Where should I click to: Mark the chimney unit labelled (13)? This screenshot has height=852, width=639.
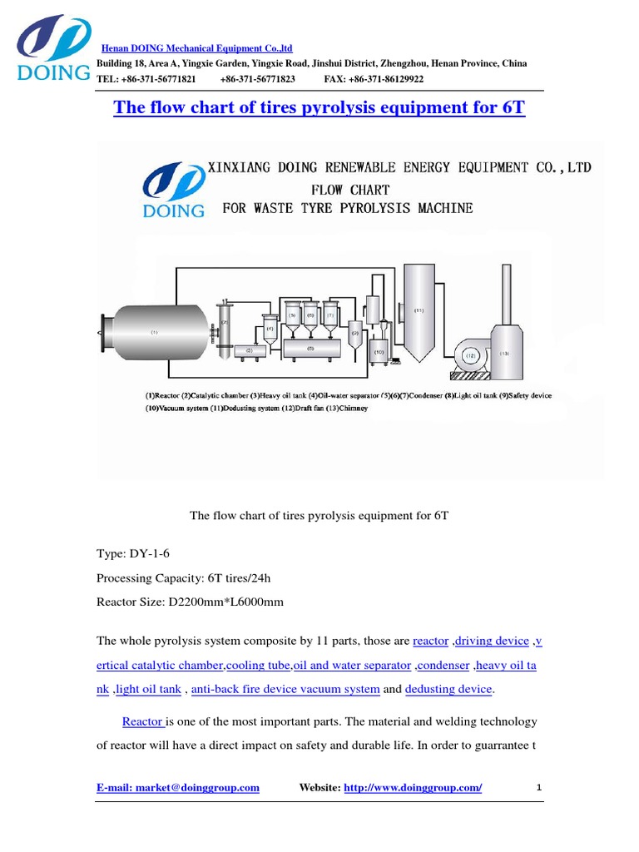(505, 349)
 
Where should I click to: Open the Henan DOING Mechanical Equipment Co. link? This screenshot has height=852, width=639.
(196, 48)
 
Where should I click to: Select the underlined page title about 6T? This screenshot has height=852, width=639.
(319, 108)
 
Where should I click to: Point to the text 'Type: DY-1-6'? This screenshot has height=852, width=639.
(136, 552)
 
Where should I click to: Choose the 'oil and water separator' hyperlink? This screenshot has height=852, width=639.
(353, 666)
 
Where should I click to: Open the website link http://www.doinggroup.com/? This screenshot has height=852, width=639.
(413, 787)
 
